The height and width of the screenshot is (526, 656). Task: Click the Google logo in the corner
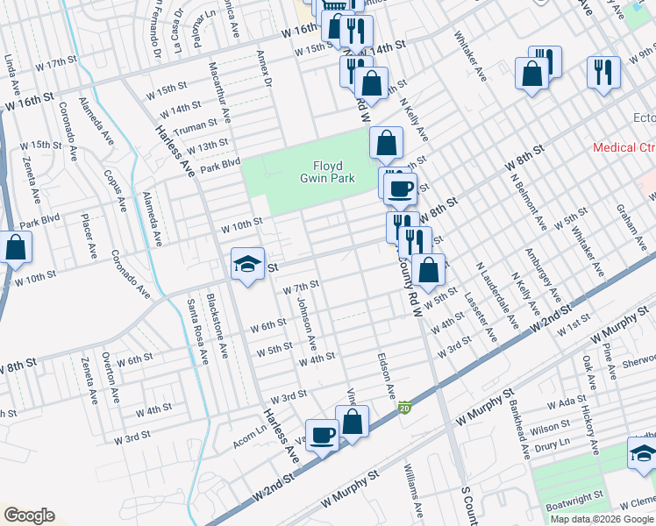(x=28, y=515)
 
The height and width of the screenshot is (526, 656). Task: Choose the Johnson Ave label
(x=306, y=321)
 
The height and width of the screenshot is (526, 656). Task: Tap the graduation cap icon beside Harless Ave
(x=247, y=266)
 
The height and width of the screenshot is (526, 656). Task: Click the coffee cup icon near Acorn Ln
(x=322, y=436)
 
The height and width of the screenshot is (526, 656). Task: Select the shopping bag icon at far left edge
(x=15, y=249)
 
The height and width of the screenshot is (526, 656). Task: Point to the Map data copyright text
(x=601, y=519)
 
